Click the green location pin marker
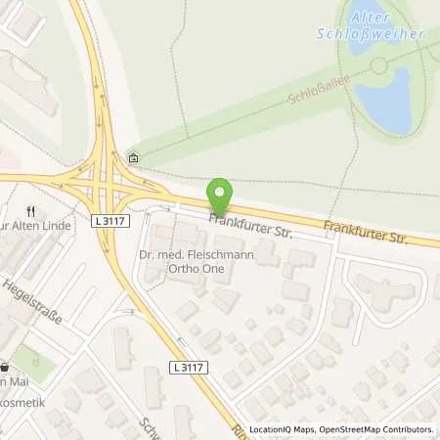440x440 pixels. (x=221, y=194)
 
